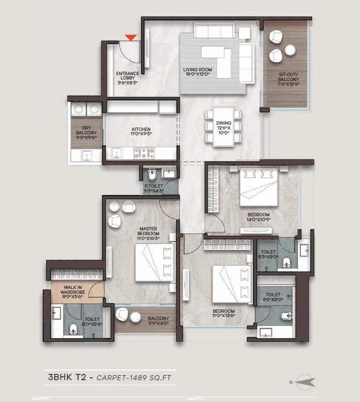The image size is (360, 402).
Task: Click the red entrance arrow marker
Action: point(130,37)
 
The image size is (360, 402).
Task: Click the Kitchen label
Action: point(141,131)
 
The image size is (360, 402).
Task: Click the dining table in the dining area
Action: point(223,127)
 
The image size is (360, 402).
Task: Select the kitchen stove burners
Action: point(144,153)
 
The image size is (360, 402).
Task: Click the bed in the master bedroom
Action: point(154,262)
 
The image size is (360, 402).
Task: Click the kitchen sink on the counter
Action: point(116,153)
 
